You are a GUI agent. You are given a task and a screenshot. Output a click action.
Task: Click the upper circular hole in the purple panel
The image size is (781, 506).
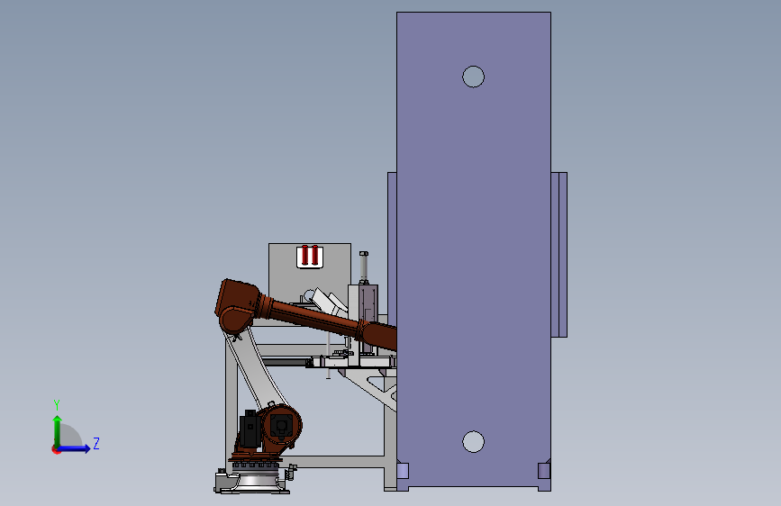click(x=473, y=77)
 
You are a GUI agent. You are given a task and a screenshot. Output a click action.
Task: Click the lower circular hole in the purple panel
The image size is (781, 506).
click(x=473, y=442)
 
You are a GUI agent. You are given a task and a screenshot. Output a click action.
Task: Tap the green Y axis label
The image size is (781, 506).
click(x=57, y=405)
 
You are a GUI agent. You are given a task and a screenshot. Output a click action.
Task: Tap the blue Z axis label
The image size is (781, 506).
click(x=96, y=443)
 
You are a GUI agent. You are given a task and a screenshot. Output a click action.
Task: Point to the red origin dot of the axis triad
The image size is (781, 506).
click(x=56, y=449)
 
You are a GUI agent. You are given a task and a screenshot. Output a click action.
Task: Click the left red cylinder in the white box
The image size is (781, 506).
click(x=305, y=255)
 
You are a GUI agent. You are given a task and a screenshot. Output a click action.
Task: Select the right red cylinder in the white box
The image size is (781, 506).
click(x=314, y=255)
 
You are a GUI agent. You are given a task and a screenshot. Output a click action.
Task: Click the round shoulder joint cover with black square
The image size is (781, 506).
click(x=281, y=425)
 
